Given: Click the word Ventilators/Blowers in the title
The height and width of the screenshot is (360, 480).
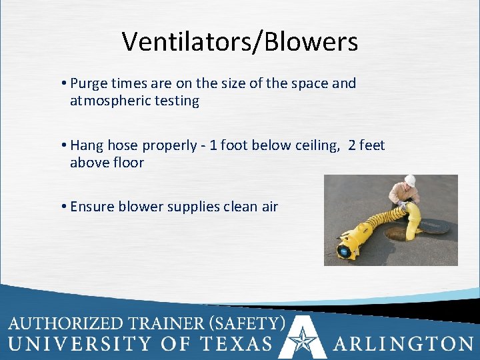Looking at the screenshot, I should pos(240,41).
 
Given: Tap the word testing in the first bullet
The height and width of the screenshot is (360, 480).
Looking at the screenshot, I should pos(177,101).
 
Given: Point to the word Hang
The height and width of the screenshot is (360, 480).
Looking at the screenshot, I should pos(85,145).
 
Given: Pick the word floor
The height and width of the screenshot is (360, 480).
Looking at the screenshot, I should pos(127,163).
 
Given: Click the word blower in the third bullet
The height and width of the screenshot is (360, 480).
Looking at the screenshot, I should pos(140,207).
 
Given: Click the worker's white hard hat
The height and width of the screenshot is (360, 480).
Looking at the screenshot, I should pos(411,181).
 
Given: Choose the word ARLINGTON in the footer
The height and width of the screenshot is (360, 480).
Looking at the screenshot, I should pos(403,344).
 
